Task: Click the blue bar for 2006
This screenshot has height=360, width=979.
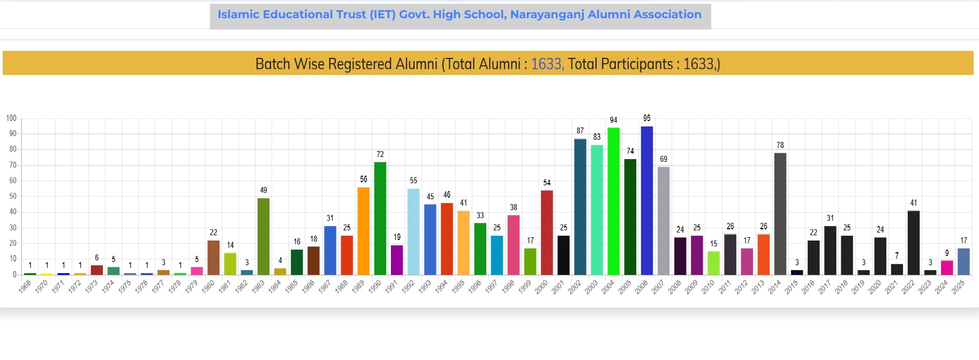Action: coord(647,201)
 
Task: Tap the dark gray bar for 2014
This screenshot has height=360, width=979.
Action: coord(780,214)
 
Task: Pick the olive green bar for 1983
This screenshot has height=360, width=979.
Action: coord(263,236)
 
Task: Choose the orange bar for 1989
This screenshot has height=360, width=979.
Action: coord(364,231)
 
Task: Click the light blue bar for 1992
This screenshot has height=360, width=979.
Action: coord(413,231)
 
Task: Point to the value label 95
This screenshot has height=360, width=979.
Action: coord(647,118)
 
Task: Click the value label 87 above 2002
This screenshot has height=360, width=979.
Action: coord(580,131)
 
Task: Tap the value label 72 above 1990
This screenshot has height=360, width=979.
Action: coord(380,154)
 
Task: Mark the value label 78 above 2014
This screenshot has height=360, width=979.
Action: coord(780,145)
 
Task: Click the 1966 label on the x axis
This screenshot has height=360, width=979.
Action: coord(25,287)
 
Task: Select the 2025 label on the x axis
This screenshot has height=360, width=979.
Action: coord(959,287)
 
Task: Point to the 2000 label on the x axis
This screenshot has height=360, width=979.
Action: coord(541,287)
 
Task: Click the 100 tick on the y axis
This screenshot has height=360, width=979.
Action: coord(11,118)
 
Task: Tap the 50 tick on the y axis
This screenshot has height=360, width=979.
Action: coord(12,196)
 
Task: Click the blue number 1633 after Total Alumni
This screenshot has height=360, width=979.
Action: coord(546,64)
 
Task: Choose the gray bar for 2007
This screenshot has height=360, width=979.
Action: coord(664,221)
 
